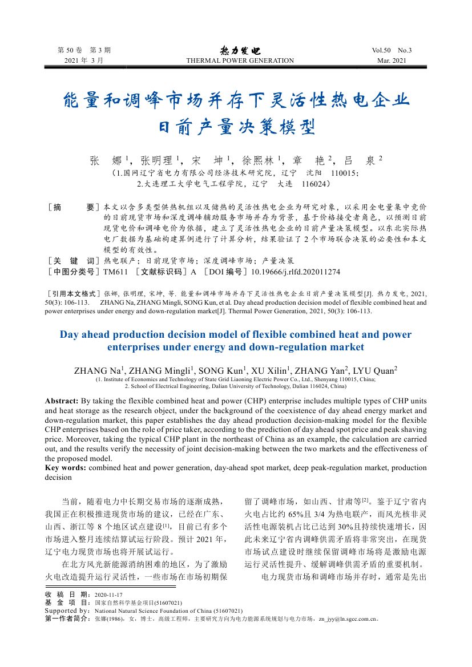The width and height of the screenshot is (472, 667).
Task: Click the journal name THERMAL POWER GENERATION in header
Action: click(x=240, y=60)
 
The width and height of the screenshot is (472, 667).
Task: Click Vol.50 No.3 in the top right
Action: click(x=392, y=50)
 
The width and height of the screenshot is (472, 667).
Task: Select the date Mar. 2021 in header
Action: click(x=392, y=60)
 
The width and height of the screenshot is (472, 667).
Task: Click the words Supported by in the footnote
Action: click(x=66, y=611)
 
